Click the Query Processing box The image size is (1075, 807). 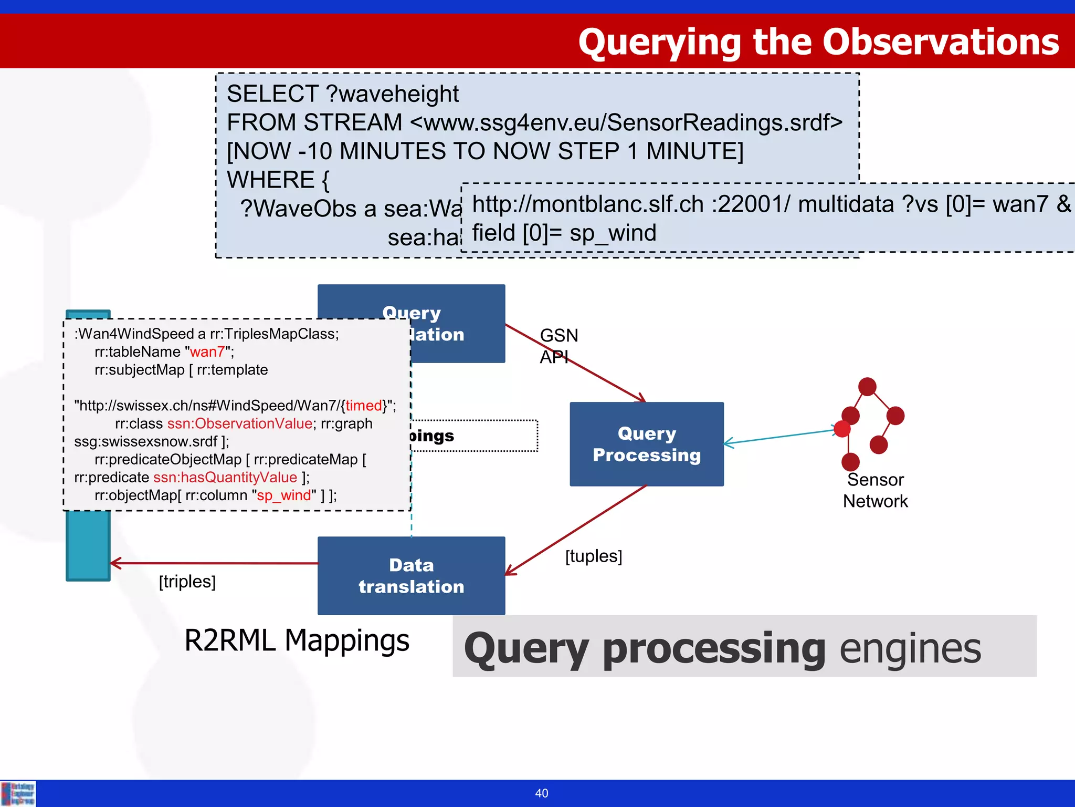[x=646, y=444]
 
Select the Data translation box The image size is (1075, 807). [x=411, y=575]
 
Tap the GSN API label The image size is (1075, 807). [x=558, y=345]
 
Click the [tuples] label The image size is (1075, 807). [x=593, y=556]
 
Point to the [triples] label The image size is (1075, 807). [x=187, y=581]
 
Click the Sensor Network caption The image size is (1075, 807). [x=875, y=490]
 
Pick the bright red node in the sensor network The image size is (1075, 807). [x=842, y=429]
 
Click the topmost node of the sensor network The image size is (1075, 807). [x=867, y=387]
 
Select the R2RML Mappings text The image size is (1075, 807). [x=297, y=640]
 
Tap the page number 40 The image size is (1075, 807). [x=541, y=793]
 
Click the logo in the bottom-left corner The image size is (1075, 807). [x=18, y=793]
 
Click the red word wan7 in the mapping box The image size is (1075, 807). [x=207, y=351]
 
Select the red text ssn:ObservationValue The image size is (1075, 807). [x=240, y=423]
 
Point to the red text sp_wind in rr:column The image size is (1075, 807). [x=284, y=495]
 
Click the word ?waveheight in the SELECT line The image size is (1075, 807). [x=392, y=94]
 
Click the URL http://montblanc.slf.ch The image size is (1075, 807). [x=588, y=204]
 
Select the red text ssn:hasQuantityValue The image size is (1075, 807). [x=225, y=477]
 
